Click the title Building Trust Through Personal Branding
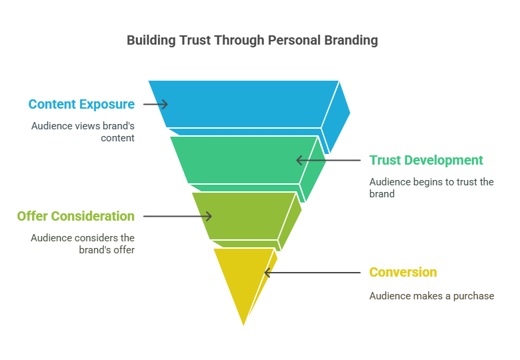(253, 41)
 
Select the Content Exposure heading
(81, 104)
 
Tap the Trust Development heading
(426, 160)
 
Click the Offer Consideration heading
(76, 216)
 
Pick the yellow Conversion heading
(403, 272)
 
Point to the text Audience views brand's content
(83, 132)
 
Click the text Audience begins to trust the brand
(431, 187)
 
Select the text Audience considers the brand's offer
(83, 243)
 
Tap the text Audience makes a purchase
(432, 296)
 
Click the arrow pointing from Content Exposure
(155, 104)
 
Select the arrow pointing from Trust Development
(328, 160)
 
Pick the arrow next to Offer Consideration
(177, 216)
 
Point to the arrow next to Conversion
(313, 273)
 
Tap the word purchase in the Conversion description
(473, 296)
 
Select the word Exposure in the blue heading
(107, 105)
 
